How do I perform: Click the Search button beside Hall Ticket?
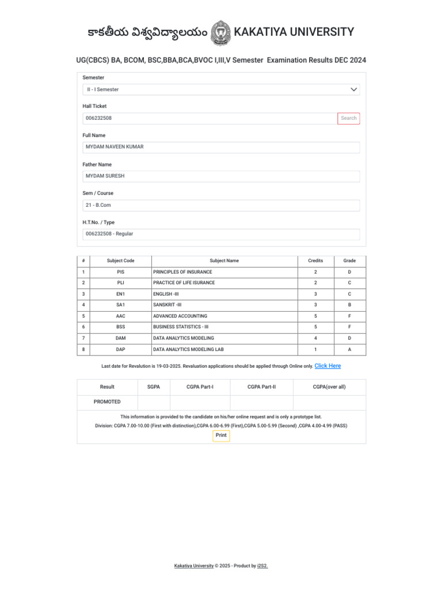point(349,118)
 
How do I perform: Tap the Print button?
point(221,436)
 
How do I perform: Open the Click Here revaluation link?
point(327,366)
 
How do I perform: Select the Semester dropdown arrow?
point(354,90)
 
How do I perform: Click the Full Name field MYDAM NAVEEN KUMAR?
point(221,147)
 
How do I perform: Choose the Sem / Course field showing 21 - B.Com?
point(221,205)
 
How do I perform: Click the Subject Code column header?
point(120,261)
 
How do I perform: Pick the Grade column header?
point(349,261)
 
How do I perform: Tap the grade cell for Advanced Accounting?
point(349,316)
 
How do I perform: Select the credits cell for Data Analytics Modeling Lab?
point(315,350)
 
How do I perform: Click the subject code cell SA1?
point(120,305)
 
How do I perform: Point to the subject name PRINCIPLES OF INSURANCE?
point(182,272)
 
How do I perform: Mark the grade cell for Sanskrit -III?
point(349,305)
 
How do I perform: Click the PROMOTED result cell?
point(107,402)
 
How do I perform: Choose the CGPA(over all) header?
point(329,387)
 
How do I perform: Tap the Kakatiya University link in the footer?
point(194,566)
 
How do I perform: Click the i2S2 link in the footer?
point(262,566)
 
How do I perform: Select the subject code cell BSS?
point(120,327)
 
